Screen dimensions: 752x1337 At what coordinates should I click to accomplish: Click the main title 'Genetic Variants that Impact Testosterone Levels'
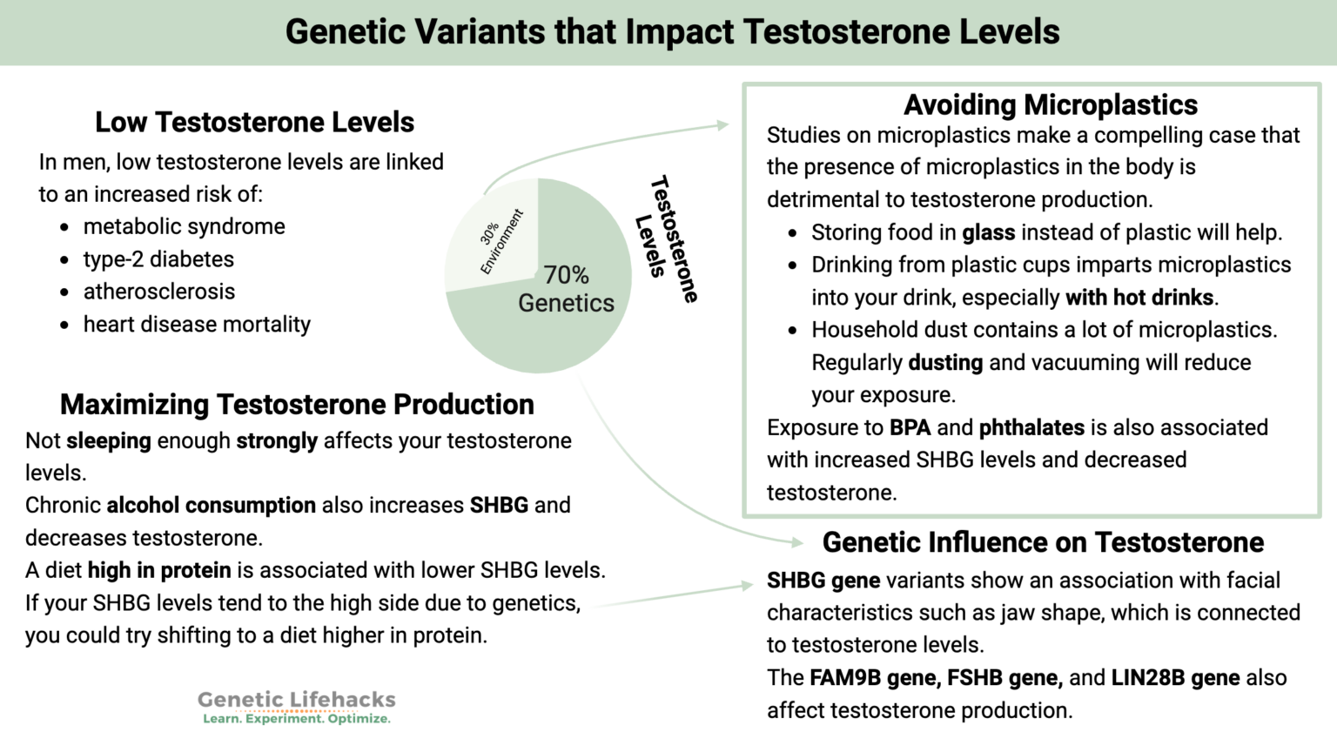coord(672,32)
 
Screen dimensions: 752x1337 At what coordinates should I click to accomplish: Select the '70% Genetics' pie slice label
coord(566,289)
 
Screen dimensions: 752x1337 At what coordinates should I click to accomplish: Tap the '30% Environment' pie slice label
coord(502,241)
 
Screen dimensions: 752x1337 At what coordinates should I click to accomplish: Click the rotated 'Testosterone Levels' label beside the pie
coord(666,238)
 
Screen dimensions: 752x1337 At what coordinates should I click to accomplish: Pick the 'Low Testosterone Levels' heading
coord(254,122)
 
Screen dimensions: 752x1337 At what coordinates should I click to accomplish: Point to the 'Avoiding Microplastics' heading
coord(1050,104)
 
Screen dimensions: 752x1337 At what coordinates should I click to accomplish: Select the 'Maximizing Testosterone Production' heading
coord(297,404)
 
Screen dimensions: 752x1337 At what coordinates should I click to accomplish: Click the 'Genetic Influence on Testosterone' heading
coord(1043,542)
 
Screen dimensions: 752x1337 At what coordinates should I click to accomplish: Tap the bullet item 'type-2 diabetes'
coord(158,259)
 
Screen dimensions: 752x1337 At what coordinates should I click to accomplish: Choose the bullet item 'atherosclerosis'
coord(159,292)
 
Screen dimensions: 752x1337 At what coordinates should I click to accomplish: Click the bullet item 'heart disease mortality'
coord(197,325)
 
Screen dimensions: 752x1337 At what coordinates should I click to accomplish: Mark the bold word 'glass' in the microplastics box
coord(988,233)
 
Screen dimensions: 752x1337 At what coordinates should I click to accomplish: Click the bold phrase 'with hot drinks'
coord(1139,298)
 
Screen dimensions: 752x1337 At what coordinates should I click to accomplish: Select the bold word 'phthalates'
coord(1031,427)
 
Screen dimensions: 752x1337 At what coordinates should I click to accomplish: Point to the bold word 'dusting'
coord(945,363)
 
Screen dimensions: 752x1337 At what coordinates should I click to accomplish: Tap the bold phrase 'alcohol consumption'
coord(212,506)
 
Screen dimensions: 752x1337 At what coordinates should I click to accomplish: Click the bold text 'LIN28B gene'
coord(1175,678)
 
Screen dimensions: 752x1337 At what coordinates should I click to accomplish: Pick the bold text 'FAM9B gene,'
coord(875,678)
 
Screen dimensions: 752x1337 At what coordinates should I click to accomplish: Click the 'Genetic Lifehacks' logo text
coord(296,700)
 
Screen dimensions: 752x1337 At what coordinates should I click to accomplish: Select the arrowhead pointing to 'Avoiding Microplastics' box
coord(722,125)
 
